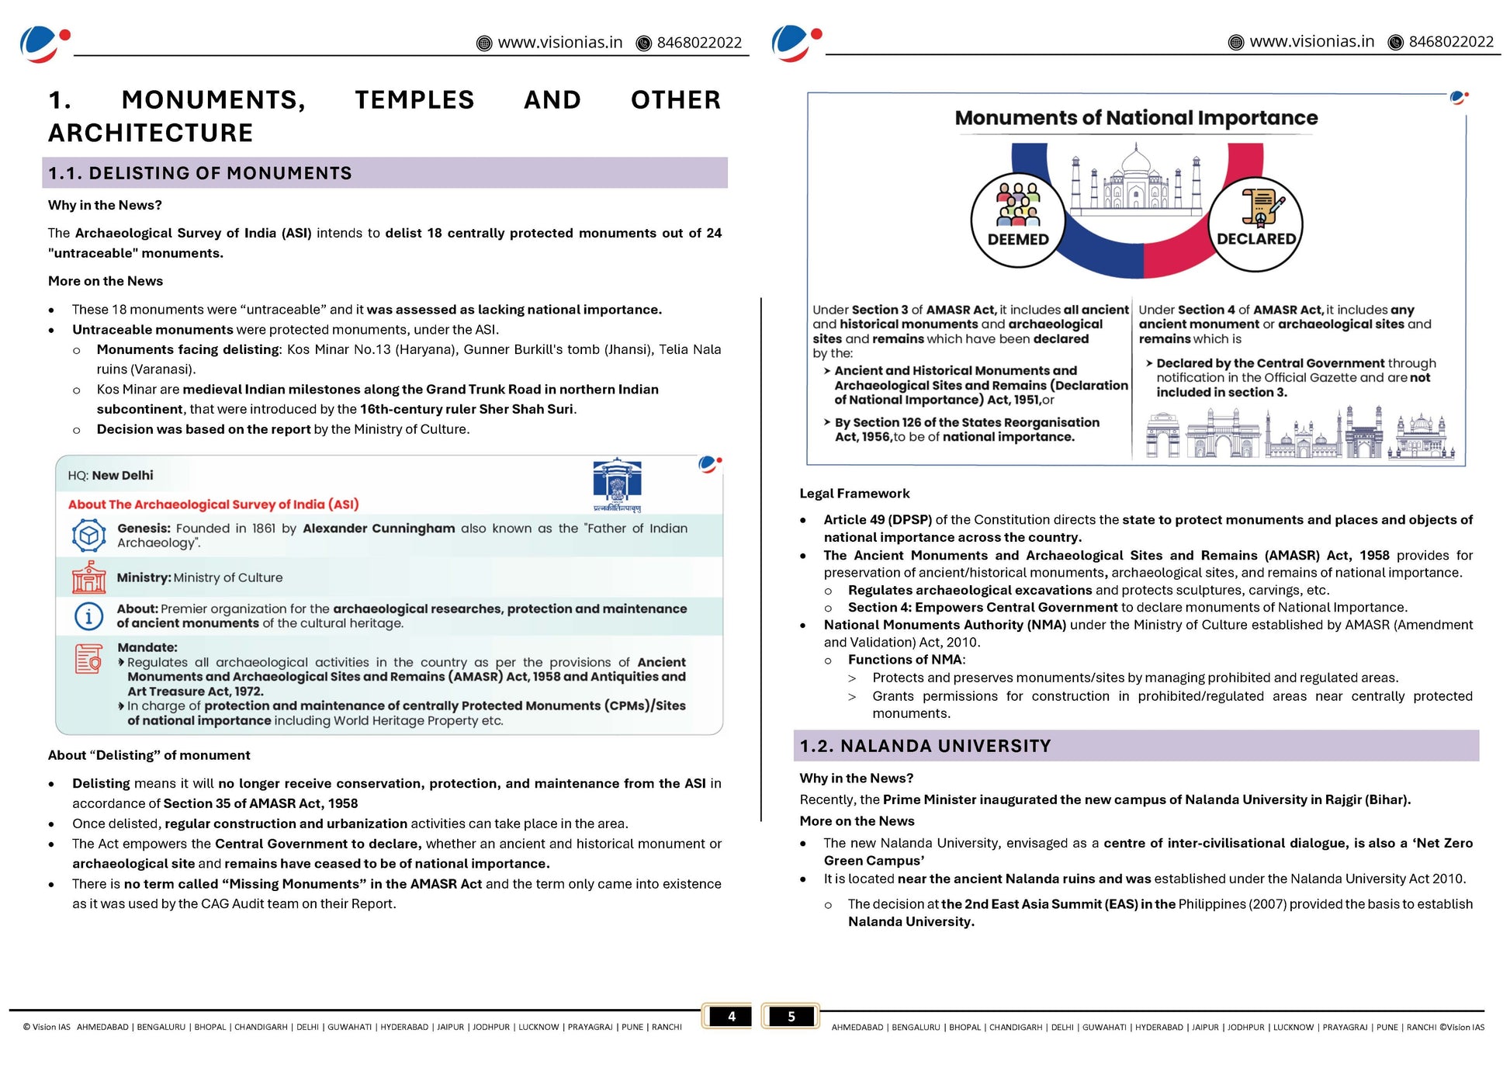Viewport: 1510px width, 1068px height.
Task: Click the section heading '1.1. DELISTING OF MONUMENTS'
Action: coord(200,173)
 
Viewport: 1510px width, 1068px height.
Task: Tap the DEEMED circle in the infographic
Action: coord(1017,220)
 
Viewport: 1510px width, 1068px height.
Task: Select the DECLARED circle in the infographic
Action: coord(1255,224)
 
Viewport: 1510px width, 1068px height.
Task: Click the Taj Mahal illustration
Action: coord(1136,180)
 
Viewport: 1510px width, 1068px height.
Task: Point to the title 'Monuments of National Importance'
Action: coord(1136,118)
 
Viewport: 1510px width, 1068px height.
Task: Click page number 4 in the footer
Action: coord(731,1016)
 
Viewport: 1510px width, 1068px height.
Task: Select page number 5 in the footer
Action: coord(791,1016)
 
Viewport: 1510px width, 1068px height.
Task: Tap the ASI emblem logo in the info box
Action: coord(617,483)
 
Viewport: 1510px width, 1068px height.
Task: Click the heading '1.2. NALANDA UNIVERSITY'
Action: coord(926,746)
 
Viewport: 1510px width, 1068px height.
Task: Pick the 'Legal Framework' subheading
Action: coord(854,494)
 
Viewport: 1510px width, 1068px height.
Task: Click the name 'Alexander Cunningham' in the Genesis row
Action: coord(379,529)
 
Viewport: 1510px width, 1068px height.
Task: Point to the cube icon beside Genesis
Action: coord(88,536)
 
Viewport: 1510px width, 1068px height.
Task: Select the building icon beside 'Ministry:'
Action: coord(88,577)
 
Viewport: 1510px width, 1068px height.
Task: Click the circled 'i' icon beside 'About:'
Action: coord(88,616)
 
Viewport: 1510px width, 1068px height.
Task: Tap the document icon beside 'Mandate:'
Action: coord(88,660)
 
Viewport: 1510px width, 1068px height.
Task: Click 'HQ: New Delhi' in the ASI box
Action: coord(110,476)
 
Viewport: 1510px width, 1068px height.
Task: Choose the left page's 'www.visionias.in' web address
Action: coord(559,43)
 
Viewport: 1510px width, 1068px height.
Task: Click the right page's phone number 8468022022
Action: coord(1450,42)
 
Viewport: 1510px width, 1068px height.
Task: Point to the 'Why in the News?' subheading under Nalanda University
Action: coord(856,778)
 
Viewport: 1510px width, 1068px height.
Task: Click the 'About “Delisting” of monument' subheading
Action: coord(149,755)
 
